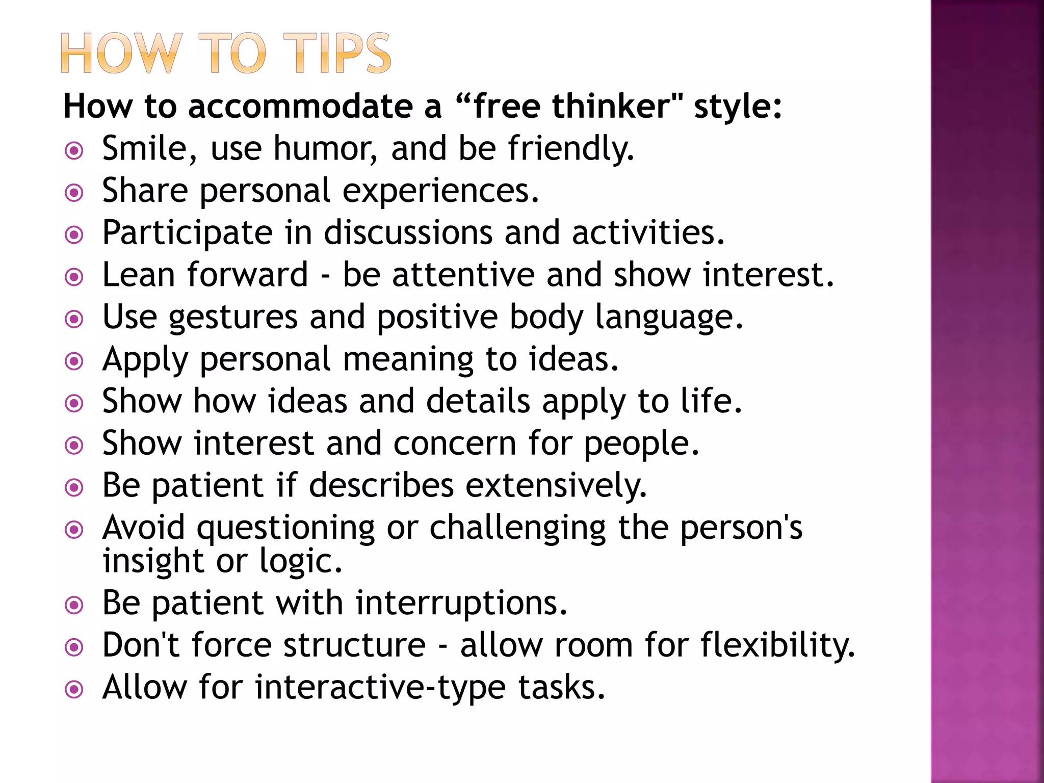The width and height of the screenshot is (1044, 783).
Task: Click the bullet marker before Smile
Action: [74, 151]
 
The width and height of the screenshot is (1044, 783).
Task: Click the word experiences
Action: [440, 191]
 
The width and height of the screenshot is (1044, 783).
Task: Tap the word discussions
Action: [408, 233]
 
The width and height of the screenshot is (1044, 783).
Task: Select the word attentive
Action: [463, 275]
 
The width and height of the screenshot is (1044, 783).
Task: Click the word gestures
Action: [233, 318]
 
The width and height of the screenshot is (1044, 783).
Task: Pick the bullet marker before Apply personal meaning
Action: [74, 362]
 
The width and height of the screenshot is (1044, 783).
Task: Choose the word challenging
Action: [518, 528]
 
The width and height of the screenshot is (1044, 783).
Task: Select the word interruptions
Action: [461, 603]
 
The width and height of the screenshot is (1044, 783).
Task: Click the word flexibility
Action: [777, 645]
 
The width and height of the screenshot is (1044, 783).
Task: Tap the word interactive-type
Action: [380, 688]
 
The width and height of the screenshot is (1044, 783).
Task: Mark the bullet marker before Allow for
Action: [74, 690]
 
